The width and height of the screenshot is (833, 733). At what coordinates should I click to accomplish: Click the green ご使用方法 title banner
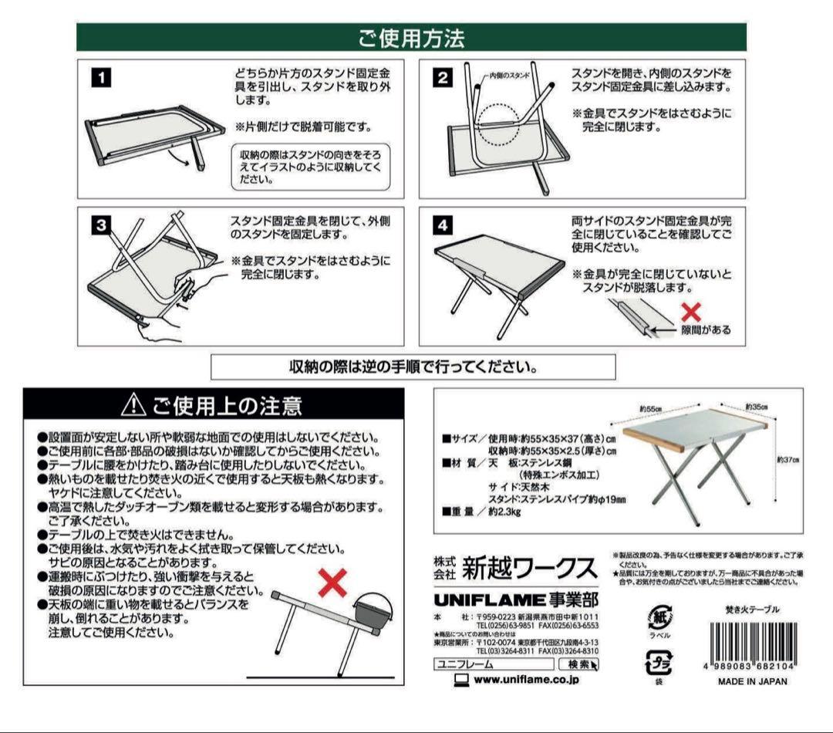(411, 36)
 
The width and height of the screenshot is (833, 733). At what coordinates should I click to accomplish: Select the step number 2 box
(442, 78)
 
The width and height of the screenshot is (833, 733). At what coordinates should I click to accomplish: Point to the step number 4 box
(442, 225)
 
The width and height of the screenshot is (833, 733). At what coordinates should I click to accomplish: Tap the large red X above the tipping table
(333, 584)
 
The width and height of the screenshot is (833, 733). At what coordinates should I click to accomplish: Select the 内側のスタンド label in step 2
(509, 76)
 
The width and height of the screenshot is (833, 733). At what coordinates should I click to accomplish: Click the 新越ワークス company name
(529, 570)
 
